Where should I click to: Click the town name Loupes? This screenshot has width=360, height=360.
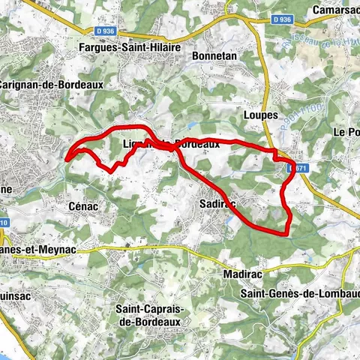click(261, 116)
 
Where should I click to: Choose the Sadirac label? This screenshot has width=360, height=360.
click(219, 203)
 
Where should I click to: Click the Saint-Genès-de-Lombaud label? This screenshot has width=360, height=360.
click(299, 293)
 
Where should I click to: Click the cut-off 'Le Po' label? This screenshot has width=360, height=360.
click(346, 132)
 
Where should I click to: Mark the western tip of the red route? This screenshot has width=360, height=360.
click(67, 158)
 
